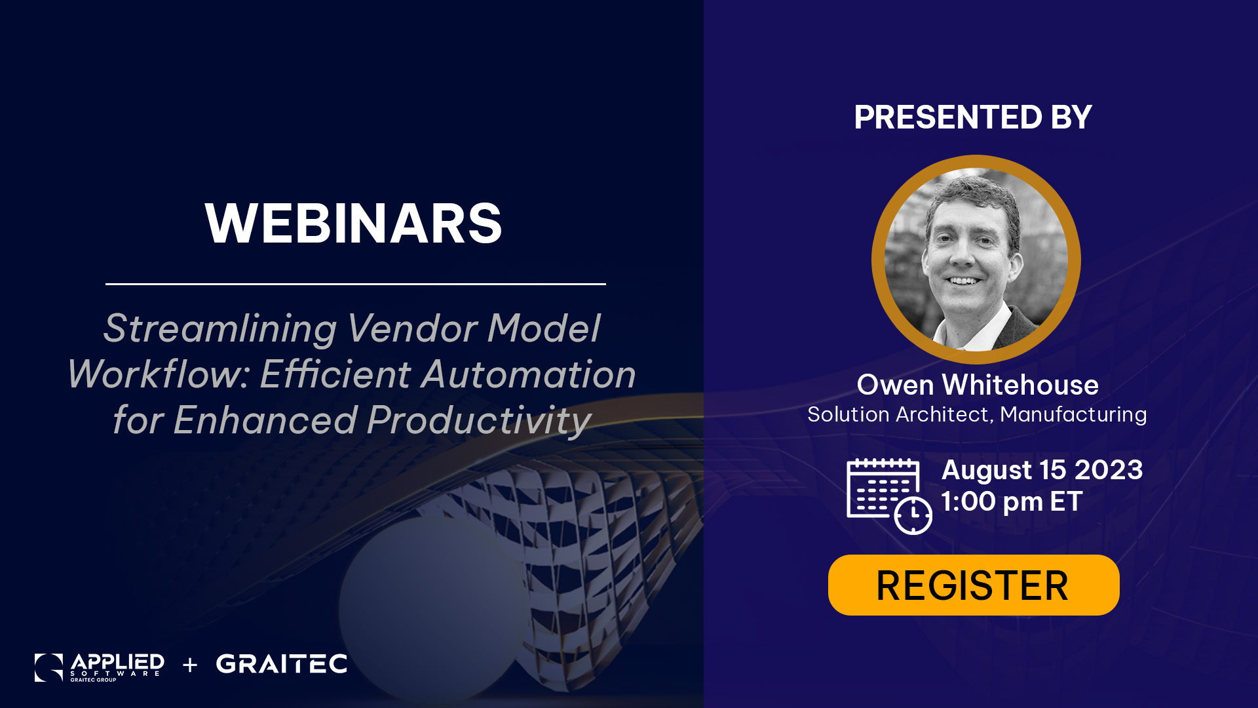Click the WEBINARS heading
(x=353, y=224)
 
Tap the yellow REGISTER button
(x=974, y=585)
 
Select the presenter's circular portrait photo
(x=976, y=260)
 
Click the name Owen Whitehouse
(x=978, y=385)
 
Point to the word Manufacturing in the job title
(x=1073, y=414)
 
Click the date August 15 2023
(x=1042, y=469)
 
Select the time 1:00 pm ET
(x=1012, y=501)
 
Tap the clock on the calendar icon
(x=913, y=515)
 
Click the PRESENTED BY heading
(x=973, y=117)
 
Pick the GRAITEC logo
(x=282, y=664)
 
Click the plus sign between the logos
(x=190, y=665)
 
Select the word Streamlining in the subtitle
(x=220, y=328)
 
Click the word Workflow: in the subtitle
(x=159, y=374)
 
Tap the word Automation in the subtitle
(x=529, y=374)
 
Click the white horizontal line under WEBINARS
(x=356, y=284)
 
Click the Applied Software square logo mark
(x=48, y=667)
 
